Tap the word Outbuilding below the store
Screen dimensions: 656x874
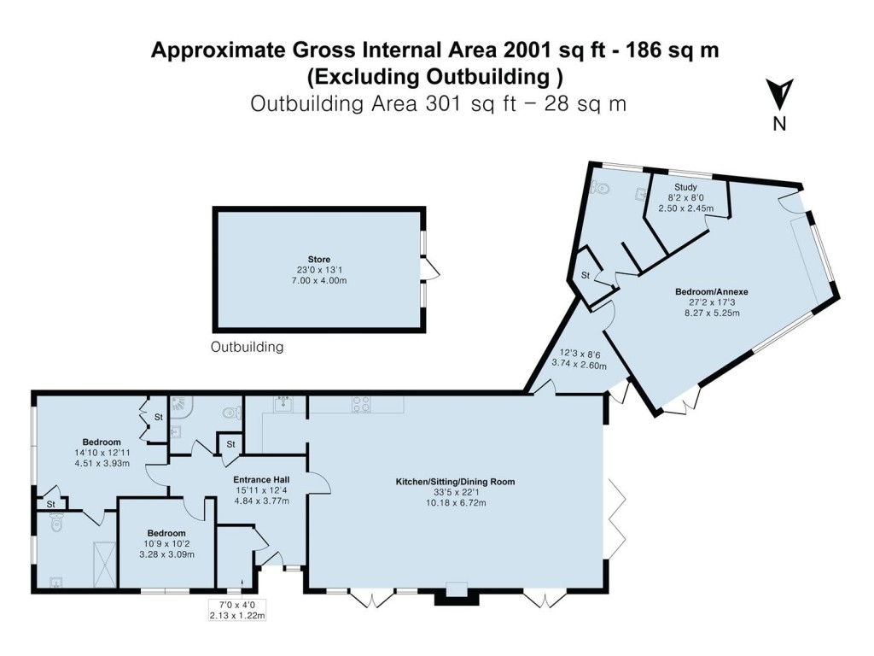point(248,348)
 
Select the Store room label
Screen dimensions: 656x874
point(319,260)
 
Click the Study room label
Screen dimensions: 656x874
point(685,187)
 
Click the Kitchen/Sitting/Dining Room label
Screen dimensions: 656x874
point(455,482)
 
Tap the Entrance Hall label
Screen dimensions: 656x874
point(261,480)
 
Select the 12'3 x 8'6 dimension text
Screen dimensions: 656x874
point(583,354)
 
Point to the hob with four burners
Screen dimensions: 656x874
point(361,403)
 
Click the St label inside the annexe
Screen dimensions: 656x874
point(586,275)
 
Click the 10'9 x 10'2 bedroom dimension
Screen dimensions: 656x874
point(166,544)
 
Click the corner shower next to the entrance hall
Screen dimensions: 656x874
point(180,407)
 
